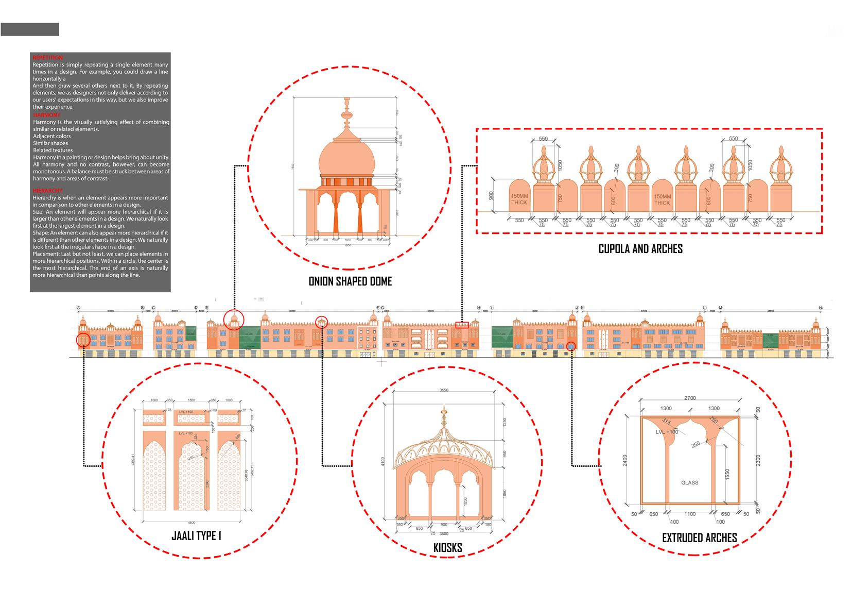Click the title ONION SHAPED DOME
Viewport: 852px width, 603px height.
coord(350,281)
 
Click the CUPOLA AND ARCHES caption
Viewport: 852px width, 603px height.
coord(640,249)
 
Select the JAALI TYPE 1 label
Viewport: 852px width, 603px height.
coord(196,536)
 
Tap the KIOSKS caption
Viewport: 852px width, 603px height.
coord(447,548)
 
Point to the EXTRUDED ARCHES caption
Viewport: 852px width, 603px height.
coord(699,538)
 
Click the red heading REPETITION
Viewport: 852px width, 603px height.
coord(47,58)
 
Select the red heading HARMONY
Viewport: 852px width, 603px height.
coord(46,115)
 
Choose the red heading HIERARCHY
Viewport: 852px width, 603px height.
coord(47,191)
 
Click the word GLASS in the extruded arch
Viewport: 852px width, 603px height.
coord(689,483)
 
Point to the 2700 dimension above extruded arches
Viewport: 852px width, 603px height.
coord(690,398)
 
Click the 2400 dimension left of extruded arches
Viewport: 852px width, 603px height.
coord(625,460)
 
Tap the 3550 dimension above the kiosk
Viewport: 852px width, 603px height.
coord(444,390)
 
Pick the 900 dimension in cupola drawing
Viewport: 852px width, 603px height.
coord(491,195)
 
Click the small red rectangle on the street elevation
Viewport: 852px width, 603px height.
coord(462,325)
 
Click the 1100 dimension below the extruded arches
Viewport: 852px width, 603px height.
coord(690,514)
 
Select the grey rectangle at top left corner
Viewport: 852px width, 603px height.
coord(30,29)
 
